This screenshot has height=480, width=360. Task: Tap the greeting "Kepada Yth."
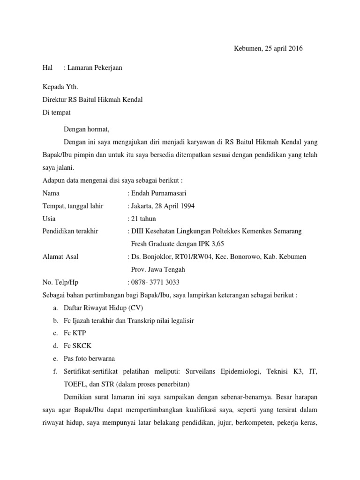(x=60, y=87)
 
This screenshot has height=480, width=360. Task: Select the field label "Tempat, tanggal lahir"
(x=73, y=206)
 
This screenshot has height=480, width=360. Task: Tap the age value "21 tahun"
(x=143, y=218)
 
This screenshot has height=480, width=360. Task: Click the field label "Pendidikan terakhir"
(x=70, y=231)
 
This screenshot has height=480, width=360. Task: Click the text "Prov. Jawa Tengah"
(x=157, y=269)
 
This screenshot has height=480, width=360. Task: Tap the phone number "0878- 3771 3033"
(x=154, y=282)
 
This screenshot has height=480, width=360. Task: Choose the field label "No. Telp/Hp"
(x=60, y=282)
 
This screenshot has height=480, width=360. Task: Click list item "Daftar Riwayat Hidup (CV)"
(x=104, y=307)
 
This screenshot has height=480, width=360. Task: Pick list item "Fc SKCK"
(x=78, y=346)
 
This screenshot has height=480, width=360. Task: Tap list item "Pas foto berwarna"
(x=90, y=359)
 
